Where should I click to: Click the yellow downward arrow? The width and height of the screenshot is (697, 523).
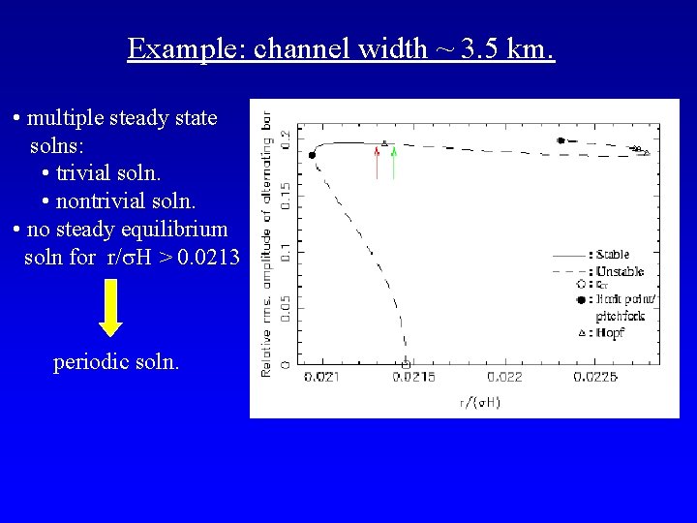coord(111,309)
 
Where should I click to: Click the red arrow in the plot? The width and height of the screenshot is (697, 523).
coord(377,162)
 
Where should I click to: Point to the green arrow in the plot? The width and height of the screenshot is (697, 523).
coord(393,162)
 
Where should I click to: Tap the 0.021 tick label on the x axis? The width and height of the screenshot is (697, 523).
coord(321,377)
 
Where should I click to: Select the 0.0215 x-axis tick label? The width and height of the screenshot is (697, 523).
coord(412,377)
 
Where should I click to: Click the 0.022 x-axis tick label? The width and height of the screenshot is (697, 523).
coord(505,377)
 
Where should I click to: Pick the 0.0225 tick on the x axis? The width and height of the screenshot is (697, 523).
coord(596,377)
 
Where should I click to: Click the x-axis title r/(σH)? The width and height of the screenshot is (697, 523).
coord(479,401)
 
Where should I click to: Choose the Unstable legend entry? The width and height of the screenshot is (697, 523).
coord(620,271)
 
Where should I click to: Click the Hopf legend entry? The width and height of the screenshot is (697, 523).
coord(611,332)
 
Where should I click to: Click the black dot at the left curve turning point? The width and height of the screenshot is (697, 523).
coord(312,155)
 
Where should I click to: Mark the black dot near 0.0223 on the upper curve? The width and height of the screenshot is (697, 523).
coord(561,140)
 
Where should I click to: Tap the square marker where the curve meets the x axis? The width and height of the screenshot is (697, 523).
coord(406,364)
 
